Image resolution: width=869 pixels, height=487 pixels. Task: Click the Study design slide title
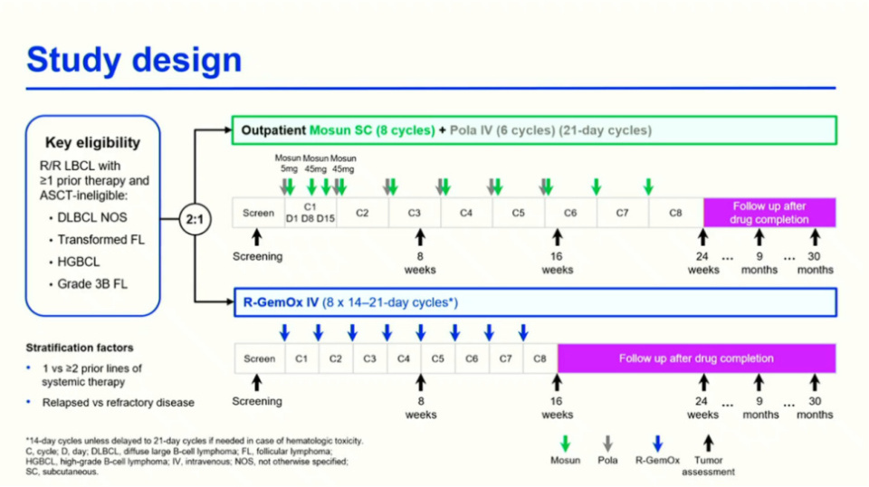tap(134, 60)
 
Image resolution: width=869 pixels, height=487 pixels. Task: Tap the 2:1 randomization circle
tap(195, 218)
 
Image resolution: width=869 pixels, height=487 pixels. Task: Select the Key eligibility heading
tap(93, 142)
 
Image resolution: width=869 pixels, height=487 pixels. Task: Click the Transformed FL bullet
tap(100, 239)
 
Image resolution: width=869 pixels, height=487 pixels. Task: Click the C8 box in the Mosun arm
tap(675, 214)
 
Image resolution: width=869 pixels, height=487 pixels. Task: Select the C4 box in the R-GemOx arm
tap(404, 358)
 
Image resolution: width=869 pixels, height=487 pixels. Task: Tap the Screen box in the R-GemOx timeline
tap(259, 358)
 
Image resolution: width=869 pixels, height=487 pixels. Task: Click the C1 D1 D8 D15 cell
tap(311, 214)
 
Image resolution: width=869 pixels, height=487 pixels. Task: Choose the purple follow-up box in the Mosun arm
tap(769, 213)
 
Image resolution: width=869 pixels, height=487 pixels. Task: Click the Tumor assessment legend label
tap(708, 465)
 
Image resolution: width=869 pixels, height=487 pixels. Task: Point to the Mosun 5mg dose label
tap(288, 163)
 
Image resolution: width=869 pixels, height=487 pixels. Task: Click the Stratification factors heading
tap(80, 348)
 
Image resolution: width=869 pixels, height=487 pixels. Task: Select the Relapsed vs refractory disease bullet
tap(117, 402)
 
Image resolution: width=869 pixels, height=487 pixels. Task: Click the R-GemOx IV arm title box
tap(534, 303)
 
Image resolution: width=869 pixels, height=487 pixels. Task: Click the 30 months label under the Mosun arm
tap(815, 263)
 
